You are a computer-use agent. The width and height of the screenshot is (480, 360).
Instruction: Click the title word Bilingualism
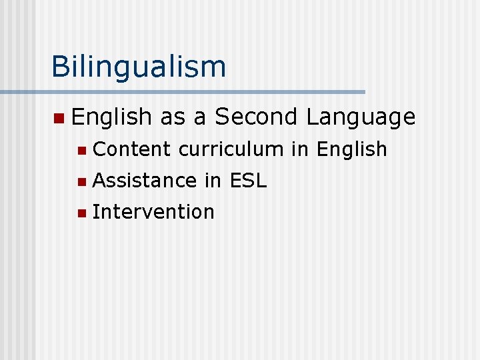click(x=139, y=67)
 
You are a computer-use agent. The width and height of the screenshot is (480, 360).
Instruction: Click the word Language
click(x=361, y=117)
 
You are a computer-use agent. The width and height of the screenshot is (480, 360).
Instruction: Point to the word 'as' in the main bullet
click(x=172, y=117)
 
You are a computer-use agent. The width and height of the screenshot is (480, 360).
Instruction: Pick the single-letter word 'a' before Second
click(x=199, y=117)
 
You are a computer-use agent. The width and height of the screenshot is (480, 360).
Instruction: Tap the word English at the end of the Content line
click(x=352, y=149)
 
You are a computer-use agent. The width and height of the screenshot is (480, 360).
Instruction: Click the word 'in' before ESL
click(x=213, y=180)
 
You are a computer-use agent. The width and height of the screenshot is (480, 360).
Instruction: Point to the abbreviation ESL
click(x=248, y=180)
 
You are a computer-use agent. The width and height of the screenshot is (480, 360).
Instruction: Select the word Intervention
click(x=153, y=212)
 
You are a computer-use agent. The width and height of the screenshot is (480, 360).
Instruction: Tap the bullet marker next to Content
click(x=81, y=151)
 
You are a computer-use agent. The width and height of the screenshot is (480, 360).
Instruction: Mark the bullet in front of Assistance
click(x=81, y=181)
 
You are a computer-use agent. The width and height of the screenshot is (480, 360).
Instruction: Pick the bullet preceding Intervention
click(x=81, y=213)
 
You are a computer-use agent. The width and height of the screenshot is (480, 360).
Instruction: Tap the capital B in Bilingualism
click(x=60, y=67)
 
